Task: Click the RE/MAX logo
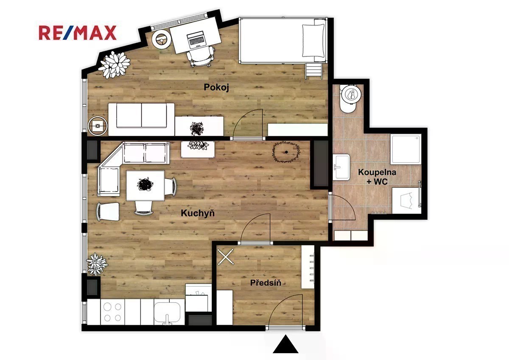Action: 78,33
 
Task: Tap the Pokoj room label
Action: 216,87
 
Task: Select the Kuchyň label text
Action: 198,213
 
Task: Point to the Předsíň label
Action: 266,283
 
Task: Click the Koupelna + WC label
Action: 377,177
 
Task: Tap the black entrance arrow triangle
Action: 285,344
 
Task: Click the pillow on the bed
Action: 313,40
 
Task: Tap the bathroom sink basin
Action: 341,167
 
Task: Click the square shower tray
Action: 406,149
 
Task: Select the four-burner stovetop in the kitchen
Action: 112,312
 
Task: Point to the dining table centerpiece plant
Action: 145,184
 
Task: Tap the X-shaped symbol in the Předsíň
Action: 225,257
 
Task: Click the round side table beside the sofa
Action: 98,126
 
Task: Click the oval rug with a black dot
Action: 286,152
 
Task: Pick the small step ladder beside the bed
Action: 314,71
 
